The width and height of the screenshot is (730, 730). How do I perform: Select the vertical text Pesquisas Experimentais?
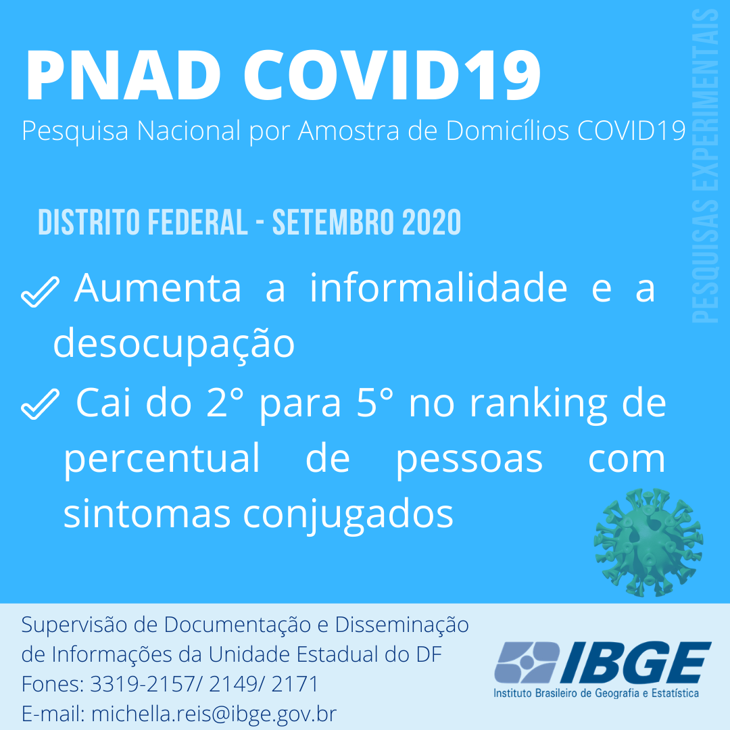coord(704,166)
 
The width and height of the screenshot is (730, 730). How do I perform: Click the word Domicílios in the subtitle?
coord(508,130)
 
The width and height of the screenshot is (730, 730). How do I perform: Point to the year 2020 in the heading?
coord(431,222)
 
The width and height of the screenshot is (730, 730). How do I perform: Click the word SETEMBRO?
coord(333,222)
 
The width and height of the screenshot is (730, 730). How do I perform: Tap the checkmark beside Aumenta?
coord(40,291)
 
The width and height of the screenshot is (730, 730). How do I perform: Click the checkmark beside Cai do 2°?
coord(40,404)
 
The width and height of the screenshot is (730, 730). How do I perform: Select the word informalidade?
coord(439,288)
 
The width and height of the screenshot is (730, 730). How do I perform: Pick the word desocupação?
coord(174,343)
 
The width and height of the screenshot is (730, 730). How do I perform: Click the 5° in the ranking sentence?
coord(374,403)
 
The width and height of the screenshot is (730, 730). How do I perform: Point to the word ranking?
coord(539,404)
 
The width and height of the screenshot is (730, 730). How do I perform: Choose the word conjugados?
coord(348,515)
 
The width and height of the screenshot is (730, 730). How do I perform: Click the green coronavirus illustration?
coord(648,542)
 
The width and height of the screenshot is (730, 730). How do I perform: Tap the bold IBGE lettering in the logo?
coord(636,662)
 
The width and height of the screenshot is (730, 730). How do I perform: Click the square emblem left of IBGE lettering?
coord(527,662)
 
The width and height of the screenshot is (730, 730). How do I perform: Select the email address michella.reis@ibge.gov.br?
coord(214,714)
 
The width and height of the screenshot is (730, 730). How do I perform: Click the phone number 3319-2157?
coord(143,684)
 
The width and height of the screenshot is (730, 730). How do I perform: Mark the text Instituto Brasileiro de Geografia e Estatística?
coord(596,693)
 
